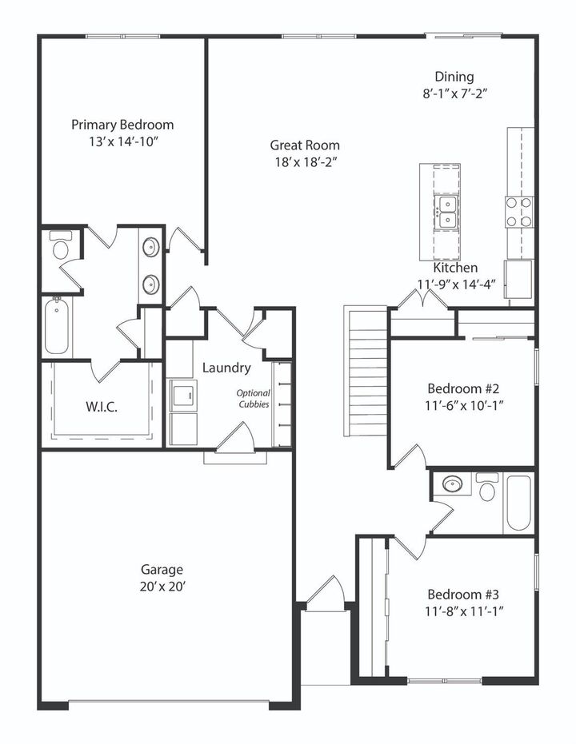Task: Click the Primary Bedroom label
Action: coord(122,125)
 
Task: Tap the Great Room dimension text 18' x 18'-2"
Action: coord(304,161)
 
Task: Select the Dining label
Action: coord(454,77)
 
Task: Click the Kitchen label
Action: coord(456,268)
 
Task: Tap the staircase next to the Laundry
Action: coord(366,372)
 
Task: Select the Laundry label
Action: coord(226,368)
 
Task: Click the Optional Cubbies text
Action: coord(253,398)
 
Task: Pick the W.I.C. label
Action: coord(101,407)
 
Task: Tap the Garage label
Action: coord(162,570)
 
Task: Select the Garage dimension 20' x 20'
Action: coord(162,586)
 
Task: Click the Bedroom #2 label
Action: coord(463,388)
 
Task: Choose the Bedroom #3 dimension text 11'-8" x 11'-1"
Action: coord(463,611)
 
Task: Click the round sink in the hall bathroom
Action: coord(454,485)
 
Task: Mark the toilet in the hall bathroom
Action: coord(487,488)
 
